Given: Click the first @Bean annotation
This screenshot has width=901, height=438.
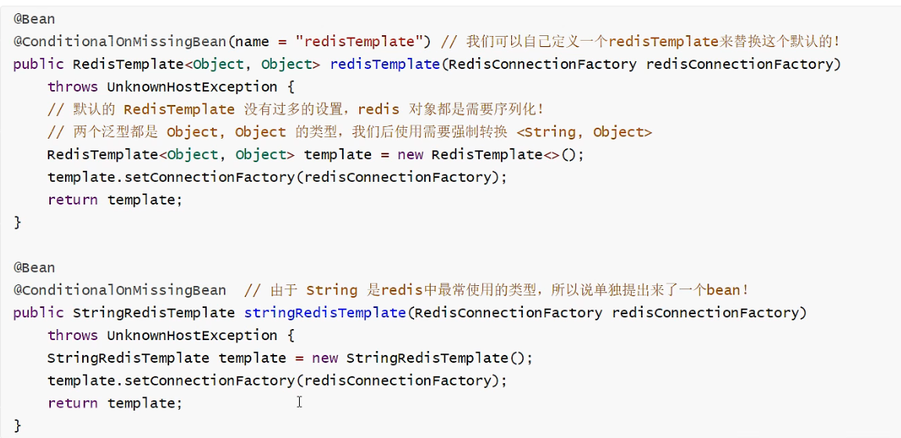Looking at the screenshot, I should tap(34, 19).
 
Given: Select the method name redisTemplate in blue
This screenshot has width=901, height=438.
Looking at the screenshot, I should tap(384, 64).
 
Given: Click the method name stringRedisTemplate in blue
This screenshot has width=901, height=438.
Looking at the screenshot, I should tap(325, 313).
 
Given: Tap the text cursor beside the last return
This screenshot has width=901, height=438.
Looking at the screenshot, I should tap(299, 402).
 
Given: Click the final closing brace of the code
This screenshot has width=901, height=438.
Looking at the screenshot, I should tap(17, 425).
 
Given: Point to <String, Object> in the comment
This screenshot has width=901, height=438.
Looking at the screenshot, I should tap(584, 132).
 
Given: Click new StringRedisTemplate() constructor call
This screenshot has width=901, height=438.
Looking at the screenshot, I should tap(438, 358).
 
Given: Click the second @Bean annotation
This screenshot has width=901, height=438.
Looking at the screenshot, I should tap(34, 267).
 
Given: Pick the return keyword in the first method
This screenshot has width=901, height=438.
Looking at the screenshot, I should tap(73, 200).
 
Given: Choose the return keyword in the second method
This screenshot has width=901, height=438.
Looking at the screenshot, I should tap(73, 403).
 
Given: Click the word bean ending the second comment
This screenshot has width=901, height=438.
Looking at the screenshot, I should tap(723, 290).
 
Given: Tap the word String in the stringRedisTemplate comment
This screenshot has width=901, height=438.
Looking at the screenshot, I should tap(331, 290).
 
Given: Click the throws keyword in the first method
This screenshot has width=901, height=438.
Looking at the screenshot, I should tap(73, 87).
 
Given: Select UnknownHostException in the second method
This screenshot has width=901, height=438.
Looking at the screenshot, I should tap(192, 335).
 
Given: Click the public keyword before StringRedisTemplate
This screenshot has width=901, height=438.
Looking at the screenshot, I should tap(38, 313).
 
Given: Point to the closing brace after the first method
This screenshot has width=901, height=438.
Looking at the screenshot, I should tap(17, 223).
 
